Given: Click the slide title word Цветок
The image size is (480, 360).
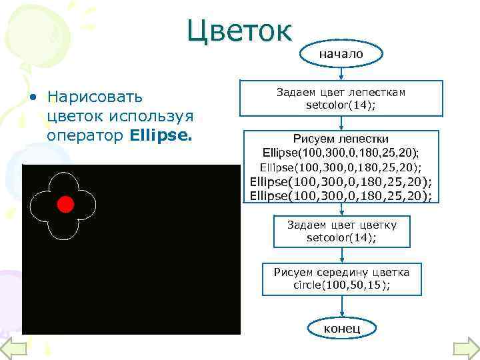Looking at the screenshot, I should (239, 30).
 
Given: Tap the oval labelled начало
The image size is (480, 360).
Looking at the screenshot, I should (341, 54).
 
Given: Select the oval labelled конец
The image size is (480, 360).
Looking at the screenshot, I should (341, 328).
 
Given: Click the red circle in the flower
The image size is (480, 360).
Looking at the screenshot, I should (65, 204).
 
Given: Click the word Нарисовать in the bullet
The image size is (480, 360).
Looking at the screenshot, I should (91, 97).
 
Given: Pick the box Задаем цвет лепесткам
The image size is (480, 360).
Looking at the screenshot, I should (341, 99).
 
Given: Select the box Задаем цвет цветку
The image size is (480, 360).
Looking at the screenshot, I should (341, 231).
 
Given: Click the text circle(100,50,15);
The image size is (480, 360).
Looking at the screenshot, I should (341, 285).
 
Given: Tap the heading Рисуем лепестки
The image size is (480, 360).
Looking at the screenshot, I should (341, 138).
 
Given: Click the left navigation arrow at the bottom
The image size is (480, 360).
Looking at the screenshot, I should (13, 348).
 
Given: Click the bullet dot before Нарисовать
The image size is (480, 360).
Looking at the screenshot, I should (32, 99).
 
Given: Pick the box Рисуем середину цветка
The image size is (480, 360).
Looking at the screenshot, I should (341, 277).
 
